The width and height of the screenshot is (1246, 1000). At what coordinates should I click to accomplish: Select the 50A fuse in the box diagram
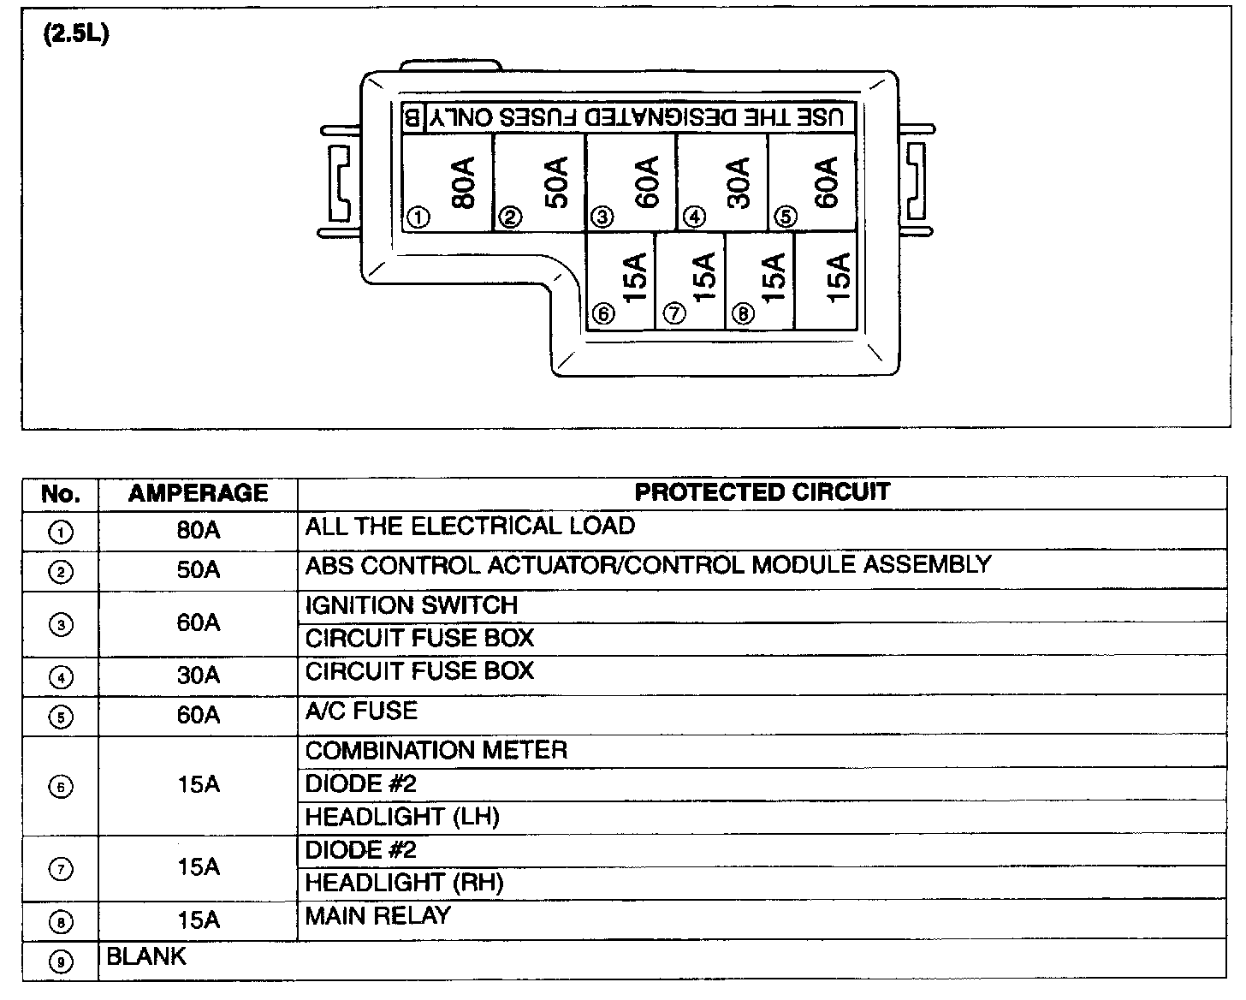[x=540, y=182]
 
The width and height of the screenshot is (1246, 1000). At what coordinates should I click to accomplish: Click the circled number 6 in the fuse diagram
[x=603, y=314]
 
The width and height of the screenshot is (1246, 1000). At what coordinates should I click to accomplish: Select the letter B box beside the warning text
[x=412, y=117]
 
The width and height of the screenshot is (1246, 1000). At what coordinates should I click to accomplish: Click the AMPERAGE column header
[x=198, y=493]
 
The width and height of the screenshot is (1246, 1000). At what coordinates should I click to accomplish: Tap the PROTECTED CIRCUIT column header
[x=762, y=492]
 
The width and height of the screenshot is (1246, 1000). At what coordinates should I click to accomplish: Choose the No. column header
[x=61, y=494]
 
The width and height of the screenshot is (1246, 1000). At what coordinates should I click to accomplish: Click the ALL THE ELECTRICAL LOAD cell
[x=470, y=526]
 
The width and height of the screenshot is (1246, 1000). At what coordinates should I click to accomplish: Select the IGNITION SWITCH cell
[x=412, y=605]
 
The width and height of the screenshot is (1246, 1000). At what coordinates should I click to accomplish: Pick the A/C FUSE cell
[x=361, y=711]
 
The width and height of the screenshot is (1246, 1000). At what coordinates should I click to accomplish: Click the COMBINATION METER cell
[x=436, y=751]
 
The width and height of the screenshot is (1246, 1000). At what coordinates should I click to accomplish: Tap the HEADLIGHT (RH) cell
[x=404, y=883]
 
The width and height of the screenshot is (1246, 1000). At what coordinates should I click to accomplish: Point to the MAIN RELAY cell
[x=377, y=916]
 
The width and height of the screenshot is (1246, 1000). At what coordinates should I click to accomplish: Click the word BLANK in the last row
[x=145, y=956]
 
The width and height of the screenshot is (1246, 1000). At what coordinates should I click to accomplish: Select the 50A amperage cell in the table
[x=198, y=570]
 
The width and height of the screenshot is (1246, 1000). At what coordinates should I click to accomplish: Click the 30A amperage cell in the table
[x=198, y=676]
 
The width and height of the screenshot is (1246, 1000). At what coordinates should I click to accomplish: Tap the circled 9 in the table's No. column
[x=61, y=961]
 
